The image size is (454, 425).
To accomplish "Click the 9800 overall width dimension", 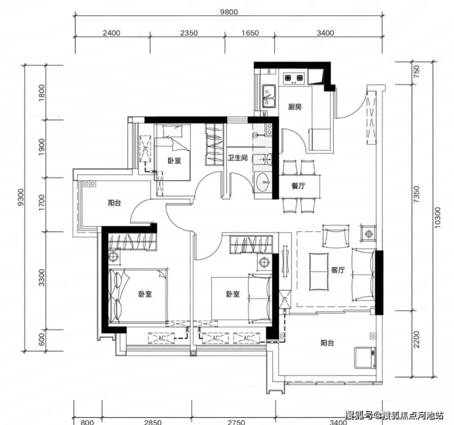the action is (229, 12).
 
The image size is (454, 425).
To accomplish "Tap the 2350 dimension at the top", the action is (189, 33).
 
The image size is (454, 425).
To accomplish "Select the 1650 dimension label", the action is (250, 33).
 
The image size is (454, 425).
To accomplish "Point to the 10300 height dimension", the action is (437, 218).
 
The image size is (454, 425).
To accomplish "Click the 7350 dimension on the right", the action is (416, 194).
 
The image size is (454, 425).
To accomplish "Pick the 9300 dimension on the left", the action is (20, 197).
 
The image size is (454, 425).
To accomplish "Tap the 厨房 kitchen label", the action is (294, 107).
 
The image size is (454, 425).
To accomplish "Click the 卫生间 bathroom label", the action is (237, 158).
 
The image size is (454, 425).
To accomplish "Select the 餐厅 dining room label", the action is (298, 186).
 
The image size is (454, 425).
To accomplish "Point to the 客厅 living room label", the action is (338, 270).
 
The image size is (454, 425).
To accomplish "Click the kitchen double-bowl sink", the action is (269, 96).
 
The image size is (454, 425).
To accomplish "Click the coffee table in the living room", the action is (319, 272).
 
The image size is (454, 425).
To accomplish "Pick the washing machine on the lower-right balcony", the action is (366, 358).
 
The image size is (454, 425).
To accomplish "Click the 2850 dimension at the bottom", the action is (153, 422).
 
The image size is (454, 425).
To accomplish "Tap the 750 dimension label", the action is (416, 71).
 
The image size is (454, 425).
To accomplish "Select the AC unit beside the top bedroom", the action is (145, 149).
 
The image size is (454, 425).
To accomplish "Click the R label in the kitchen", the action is (269, 72).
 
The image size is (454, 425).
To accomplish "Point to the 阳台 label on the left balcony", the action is (115, 203).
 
